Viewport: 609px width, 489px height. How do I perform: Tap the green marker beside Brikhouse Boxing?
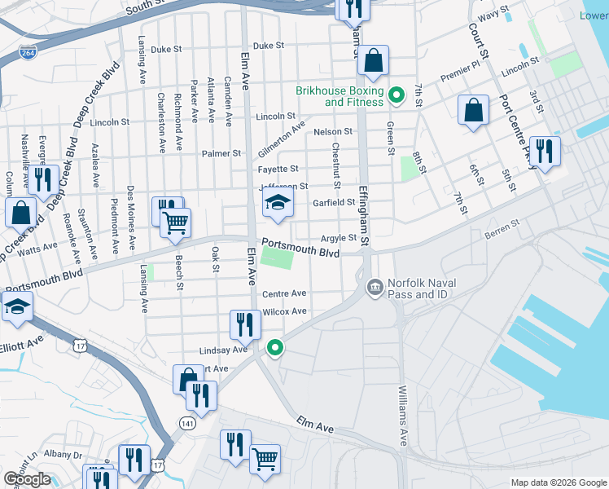pos(397,96)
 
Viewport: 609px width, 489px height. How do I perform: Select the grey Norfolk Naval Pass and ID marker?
pos(375,287)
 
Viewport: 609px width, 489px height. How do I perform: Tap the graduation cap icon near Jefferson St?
pos(278,205)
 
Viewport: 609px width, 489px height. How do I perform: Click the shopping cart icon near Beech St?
pos(175,222)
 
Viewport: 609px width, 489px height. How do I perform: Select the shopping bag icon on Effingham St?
pos(373,60)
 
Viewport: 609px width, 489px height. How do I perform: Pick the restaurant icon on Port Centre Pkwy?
pos(545,151)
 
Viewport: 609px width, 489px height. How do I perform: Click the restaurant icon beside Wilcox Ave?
pos(245,324)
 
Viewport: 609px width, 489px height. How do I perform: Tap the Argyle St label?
pos(339,238)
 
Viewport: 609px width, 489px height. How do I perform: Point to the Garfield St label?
pos(334,202)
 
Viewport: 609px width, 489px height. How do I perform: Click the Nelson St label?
pos(332,131)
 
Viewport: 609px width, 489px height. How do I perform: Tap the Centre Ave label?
pos(283,293)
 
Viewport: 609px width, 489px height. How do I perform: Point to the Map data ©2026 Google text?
pos(558,482)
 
